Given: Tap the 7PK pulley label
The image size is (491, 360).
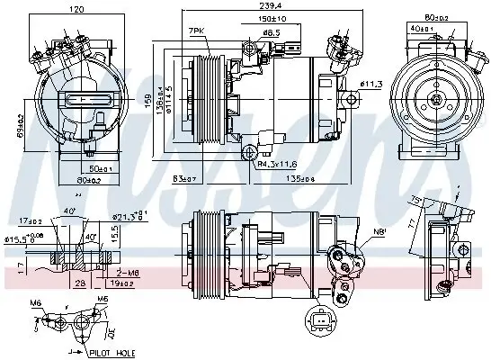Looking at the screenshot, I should [x=195, y=31].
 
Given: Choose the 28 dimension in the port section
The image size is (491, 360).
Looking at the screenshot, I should [x=80, y=282].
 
